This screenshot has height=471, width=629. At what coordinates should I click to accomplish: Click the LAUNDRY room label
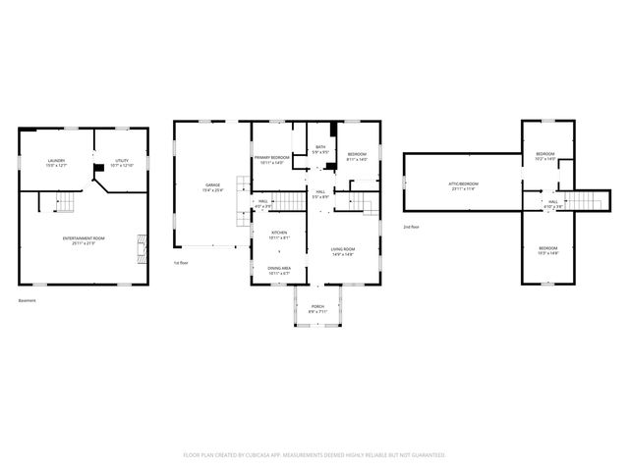55,160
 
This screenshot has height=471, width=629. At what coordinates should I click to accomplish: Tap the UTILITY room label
121,160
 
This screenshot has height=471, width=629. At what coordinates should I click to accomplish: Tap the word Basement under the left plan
28,300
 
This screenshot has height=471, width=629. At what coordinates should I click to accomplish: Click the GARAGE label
212,185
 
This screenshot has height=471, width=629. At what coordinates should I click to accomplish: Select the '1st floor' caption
180,264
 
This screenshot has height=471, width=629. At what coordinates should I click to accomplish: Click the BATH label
319,147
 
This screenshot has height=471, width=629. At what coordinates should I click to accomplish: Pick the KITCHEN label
280,233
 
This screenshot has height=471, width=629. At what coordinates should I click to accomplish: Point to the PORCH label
317,306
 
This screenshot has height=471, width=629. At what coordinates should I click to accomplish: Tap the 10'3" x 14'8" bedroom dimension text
547,253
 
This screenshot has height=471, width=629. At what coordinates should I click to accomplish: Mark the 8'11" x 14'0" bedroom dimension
357,159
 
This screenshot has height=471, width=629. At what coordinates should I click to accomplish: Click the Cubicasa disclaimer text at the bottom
314,455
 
